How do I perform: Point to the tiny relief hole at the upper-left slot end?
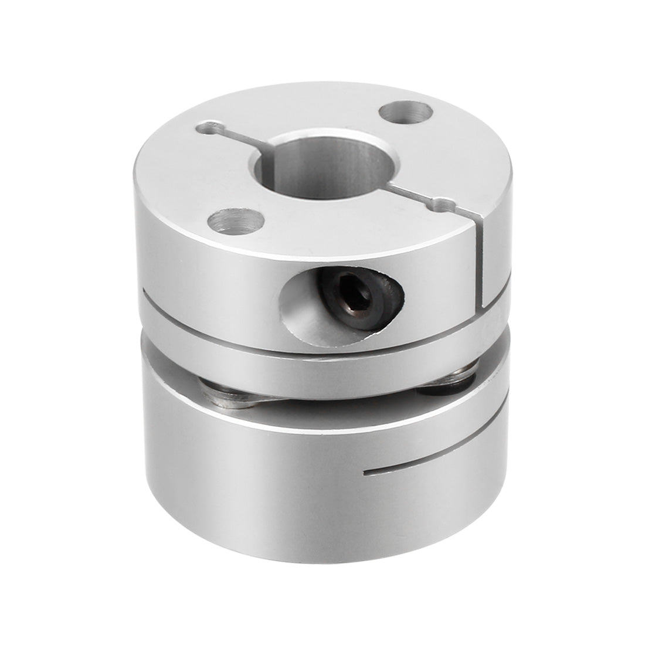209,126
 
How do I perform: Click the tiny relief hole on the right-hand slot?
450,205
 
